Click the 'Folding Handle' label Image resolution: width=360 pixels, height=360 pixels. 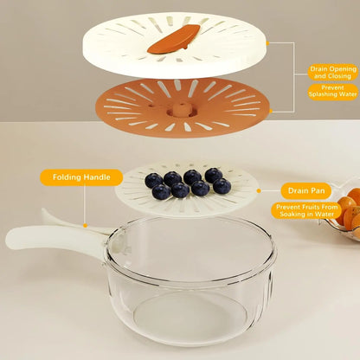pyautogui.click(x=81, y=177)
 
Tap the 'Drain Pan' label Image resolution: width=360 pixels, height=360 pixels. pyautogui.click(x=306, y=190)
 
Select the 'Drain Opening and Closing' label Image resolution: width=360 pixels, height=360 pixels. pyautogui.click(x=333, y=73)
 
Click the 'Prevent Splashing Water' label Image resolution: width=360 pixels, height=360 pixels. pyautogui.click(x=333, y=91)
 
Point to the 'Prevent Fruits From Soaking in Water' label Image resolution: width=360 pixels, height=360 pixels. pyautogui.click(x=306, y=210)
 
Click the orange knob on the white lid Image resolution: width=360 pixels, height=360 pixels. pyautogui.click(x=174, y=39)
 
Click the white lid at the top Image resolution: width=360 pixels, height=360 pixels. pyautogui.click(x=175, y=45)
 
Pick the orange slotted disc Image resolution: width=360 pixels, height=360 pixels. pyautogui.click(x=182, y=108)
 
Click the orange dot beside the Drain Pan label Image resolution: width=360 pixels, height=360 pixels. pyautogui.click(x=259, y=190)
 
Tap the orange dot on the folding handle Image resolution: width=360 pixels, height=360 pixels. pyautogui.click(x=85, y=225)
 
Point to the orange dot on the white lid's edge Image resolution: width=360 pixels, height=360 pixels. pyautogui.click(x=267, y=43)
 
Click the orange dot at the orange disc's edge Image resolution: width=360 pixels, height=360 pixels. pyautogui.click(x=271, y=111)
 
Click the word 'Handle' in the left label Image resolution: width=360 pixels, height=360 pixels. pyautogui.click(x=97, y=177)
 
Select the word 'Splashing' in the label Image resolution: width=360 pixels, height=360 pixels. pyautogui.click(x=323, y=94)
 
